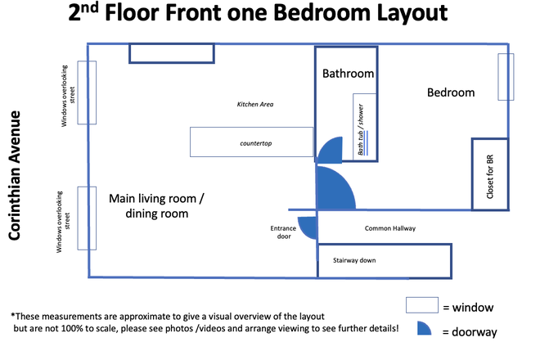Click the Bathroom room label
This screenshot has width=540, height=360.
click(348, 74)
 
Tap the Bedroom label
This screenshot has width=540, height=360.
click(451, 92)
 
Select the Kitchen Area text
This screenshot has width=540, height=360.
click(254, 104)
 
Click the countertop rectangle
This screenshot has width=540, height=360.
click(251, 142)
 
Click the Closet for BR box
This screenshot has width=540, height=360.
click(489, 173)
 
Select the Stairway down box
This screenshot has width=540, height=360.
click(385, 261)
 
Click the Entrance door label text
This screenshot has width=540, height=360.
click(281, 232)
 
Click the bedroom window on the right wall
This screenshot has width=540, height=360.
click(506, 77)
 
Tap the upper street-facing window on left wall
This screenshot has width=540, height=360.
click(87, 92)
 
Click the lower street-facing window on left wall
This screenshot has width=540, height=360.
click(87, 218)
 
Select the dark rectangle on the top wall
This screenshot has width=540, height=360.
click(172, 52)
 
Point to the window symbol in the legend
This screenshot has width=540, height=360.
click(424, 306)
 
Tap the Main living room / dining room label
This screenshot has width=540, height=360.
click(156, 205)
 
